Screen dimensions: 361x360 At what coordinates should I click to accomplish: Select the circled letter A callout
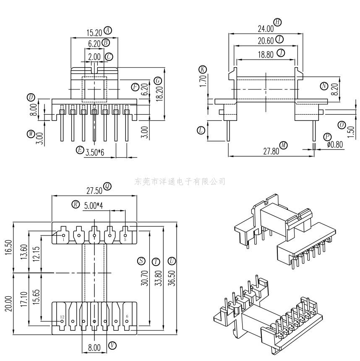click(x=108, y=30)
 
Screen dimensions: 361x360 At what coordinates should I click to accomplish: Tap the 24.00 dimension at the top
click(x=265, y=29)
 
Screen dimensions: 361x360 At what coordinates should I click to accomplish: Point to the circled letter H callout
click(x=277, y=22)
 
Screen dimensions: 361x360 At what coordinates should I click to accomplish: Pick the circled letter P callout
click(x=327, y=137)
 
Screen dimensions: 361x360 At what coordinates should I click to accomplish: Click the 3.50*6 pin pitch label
click(x=95, y=152)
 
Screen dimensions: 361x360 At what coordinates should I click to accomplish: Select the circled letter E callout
click(x=80, y=150)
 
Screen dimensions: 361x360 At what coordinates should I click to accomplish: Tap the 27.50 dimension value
click(x=94, y=191)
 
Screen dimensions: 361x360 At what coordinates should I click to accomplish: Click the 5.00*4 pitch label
click(x=94, y=206)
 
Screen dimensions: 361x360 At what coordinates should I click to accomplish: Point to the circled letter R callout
click(x=76, y=204)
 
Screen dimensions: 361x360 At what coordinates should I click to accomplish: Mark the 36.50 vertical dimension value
click(x=171, y=277)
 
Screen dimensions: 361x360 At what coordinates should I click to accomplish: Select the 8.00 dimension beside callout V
click(x=94, y=348)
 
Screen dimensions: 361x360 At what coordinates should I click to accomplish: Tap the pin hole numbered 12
click(x=62, y=322)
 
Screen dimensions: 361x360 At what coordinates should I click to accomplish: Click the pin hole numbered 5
click(x=125, y=235)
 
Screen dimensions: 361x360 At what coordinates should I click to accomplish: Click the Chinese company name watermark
click(x=180, y=181)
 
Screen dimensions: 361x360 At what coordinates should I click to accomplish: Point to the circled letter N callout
click(x=324, y=86)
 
